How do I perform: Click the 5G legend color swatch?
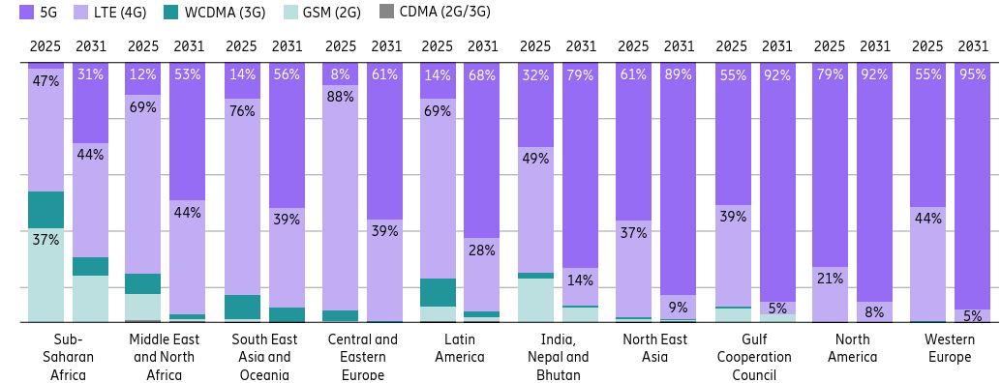point(26,13)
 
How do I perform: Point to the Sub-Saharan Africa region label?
point(68,357)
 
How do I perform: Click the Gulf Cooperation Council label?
point(754,357)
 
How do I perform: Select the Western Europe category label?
point(950,348)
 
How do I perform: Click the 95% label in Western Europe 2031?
point(972,75)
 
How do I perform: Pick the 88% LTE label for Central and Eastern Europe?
point(341,97)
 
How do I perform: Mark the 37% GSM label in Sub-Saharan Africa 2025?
point(45,240)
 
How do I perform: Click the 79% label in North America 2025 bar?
point(830,75)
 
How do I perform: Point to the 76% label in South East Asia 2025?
point(242,111)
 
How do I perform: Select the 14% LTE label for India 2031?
point(580,280)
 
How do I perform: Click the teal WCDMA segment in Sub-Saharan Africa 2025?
point(45,210)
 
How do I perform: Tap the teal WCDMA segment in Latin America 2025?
point(438,292)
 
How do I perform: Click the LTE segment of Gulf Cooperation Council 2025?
point(733,256)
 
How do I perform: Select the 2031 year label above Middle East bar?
point(189,46)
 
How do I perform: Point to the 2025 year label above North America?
point(830,46)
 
